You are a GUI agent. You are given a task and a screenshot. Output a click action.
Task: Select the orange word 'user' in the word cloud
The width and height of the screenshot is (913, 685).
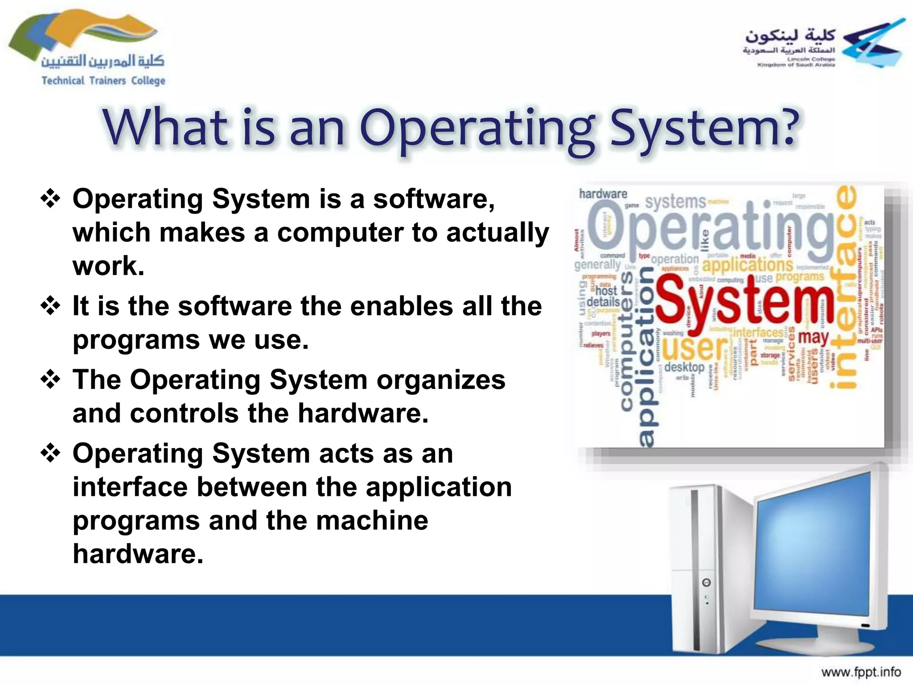(695, 348)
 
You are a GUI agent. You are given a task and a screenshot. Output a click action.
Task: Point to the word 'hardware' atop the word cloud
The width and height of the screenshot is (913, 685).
(603, 194)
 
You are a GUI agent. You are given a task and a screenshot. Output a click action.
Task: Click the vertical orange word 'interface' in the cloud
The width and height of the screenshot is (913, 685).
(845, 285)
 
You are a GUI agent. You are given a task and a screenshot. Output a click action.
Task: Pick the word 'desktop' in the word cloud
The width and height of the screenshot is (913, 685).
(684, 367)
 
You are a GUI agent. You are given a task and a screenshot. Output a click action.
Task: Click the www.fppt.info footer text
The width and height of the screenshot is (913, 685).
(861, 672)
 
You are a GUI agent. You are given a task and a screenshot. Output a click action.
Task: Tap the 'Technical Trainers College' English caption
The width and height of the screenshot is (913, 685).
(103, 81)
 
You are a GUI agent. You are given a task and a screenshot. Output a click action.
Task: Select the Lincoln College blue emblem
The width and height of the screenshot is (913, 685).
(874, 44)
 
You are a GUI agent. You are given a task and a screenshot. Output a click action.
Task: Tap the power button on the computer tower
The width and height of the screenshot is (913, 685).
(706, 582)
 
